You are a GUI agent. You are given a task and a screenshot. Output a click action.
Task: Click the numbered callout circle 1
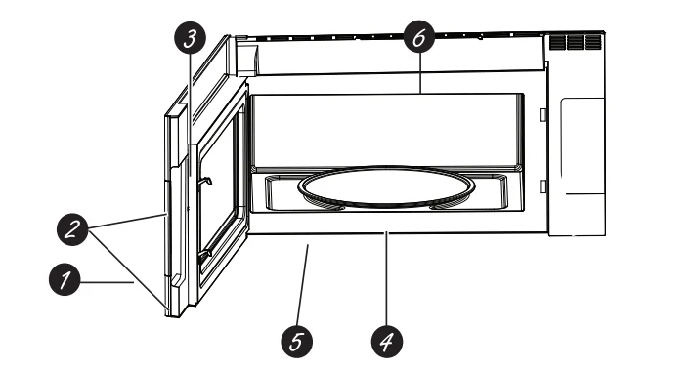coord(65,279)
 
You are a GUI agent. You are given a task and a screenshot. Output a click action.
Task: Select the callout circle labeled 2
coord(73,229)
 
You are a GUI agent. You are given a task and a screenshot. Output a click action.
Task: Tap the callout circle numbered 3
coord(190,38)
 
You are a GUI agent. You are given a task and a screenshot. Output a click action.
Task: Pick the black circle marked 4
coord(387,341)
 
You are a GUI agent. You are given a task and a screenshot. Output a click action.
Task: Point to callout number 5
coord(297,342)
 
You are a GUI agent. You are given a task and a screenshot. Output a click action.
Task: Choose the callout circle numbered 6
coord(419,38)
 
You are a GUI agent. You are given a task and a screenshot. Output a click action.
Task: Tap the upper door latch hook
coord(206,180)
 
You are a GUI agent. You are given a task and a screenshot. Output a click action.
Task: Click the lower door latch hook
coord(204,255)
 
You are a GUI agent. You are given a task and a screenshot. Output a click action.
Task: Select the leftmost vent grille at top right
coord(558,42)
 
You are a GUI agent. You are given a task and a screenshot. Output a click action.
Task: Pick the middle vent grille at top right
coord(575,42)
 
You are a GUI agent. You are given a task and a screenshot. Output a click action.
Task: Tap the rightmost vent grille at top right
coord(592,42)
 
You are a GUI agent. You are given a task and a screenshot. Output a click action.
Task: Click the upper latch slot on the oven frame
coord(542,114)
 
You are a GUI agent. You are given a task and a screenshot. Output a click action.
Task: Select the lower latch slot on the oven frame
coord(542,186)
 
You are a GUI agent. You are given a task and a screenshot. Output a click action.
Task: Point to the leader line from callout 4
coord(386,278)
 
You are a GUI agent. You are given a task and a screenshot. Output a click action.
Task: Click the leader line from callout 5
coord(303,285)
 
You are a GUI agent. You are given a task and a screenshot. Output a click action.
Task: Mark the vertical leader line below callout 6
coord(419,73)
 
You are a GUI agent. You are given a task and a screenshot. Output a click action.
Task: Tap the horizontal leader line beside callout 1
coord(108,281)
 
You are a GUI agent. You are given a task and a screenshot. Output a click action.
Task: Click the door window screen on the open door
coord(220,194)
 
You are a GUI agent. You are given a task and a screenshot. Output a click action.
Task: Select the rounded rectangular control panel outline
coord(583,145)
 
